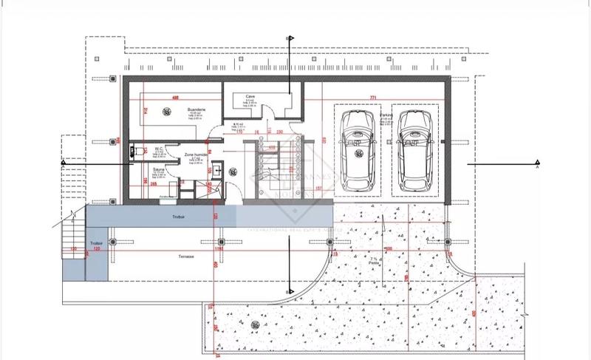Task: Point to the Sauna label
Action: (158, 169)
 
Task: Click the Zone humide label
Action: (194, 155)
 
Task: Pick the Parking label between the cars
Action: (386, 116)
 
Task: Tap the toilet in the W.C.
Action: (134, 150)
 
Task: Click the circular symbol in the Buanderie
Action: (167, 112)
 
